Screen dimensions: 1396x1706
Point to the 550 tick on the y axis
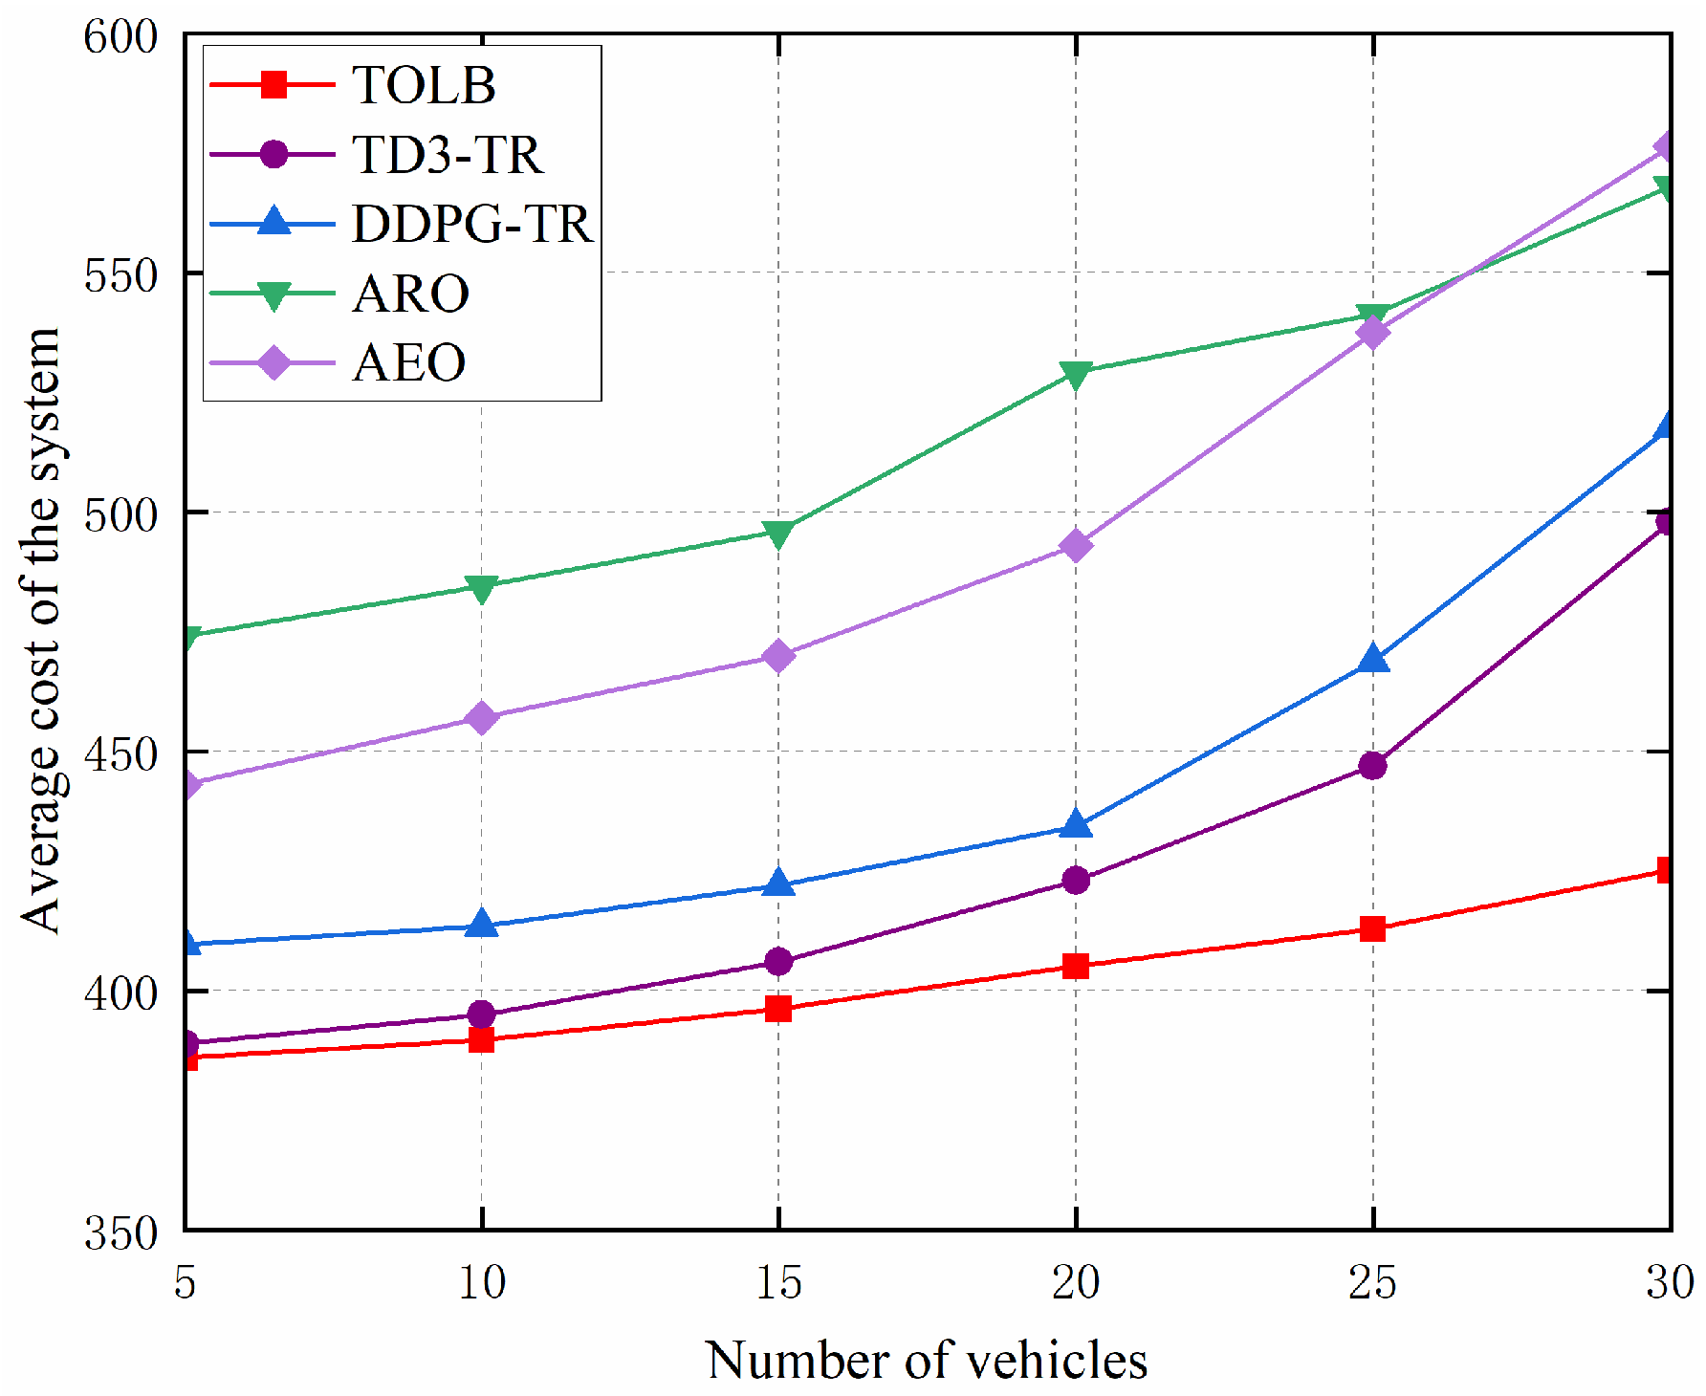click(x=120, y=274)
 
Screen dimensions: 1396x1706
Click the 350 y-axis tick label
click(x=120, y=1232)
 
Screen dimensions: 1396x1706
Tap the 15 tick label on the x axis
click(x=778, y=1281)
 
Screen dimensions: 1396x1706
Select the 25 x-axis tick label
click(x=1372, y=1281)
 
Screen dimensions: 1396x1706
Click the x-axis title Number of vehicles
click(x=926, y=1359)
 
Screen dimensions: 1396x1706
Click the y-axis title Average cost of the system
click(x=42, y=631)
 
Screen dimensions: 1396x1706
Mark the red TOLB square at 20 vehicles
click(x=1076, y=966)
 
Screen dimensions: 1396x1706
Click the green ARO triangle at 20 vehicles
click(x=1076, y=374)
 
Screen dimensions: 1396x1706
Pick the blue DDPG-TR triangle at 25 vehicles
click(x=1373, y=659)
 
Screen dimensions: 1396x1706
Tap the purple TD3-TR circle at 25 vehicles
click(x=1373, y=765)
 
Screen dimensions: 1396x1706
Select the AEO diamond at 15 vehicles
click(x=778, y=656)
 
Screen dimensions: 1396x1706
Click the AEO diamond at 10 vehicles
click(x=482, y=717)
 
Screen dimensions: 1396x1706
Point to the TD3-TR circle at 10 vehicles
click(x=482, y=1014)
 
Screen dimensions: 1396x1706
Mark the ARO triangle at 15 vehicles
click(x=778, y=534)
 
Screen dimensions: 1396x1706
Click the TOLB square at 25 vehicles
click(x=1373, y=928)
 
